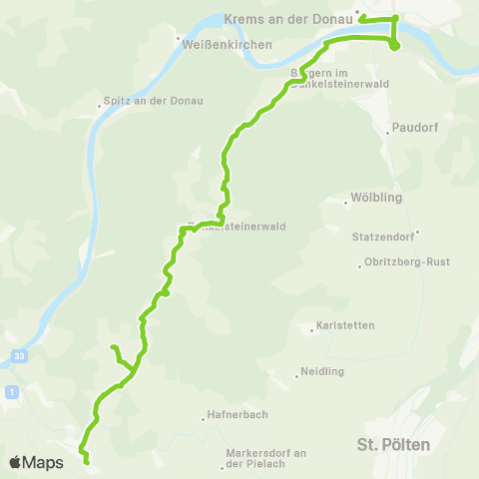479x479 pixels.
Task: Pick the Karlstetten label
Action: pos(344,325)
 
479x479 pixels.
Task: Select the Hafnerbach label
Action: pos(238,415)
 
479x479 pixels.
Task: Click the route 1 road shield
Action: pos(9,391)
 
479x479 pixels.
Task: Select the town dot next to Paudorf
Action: pos(388,130)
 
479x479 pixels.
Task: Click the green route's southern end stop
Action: pos(86,462)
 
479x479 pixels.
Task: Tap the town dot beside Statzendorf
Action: pos(418,233)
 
